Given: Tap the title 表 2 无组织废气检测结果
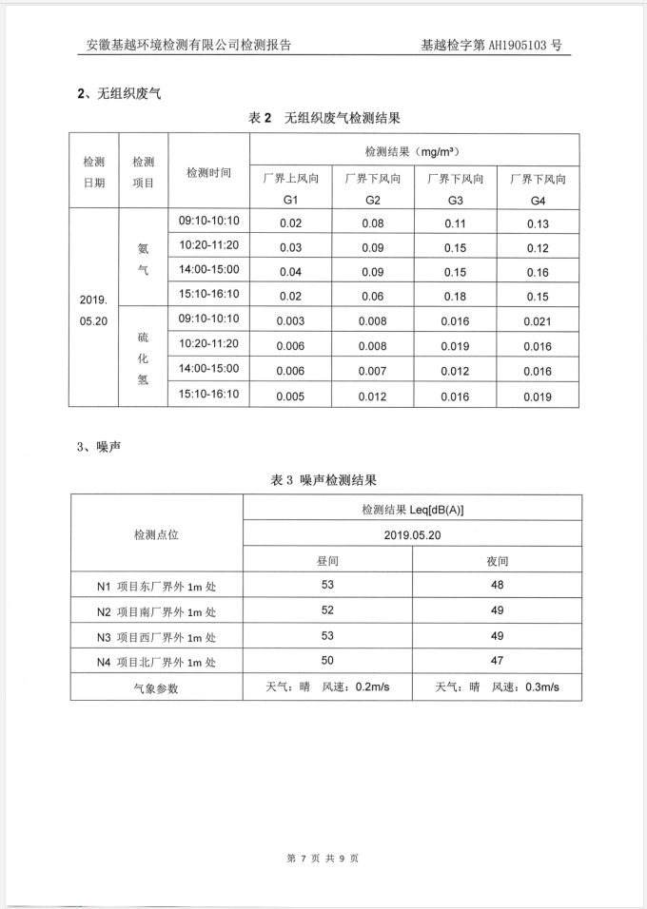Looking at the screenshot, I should click(x=323, y=118).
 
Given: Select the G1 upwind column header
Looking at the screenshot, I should click(x=291, y=189).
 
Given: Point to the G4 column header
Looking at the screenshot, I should click(x=539, y=189).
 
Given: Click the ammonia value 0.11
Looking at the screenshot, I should click(x=456, y=223).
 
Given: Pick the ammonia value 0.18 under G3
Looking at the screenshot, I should click(x=456, y=296).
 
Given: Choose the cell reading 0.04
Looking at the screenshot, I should click(x=290, y=272).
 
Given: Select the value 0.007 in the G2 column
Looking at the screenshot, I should click(x=373, y=371).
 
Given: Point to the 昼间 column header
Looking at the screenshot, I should click(x=327, y=561).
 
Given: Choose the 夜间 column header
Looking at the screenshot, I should click(x=497, y=561).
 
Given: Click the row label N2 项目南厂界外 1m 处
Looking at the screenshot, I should click(x=156, y=611).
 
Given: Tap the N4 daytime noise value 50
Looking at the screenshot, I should click(x=327, y=660).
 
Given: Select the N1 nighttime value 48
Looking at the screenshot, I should click(x=497, y=586).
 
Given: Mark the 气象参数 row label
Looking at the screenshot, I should click(x=156, y=687).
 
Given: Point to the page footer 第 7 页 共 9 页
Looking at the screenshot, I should click(x=323, y=859).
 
